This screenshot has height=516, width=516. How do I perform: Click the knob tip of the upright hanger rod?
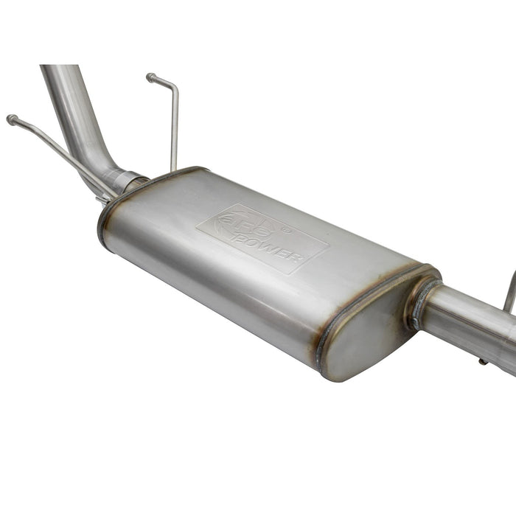[x=150, y=77]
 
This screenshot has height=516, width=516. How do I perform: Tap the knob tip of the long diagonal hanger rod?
[x=11, y=119]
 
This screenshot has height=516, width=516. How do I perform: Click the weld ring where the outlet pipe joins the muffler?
[x=418, y=303]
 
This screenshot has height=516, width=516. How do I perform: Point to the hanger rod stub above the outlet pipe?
[x=509, y=291]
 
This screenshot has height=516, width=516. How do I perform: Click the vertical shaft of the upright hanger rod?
[x=174, y=133]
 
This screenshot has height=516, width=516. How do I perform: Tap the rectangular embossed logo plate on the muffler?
[x=262, y=238]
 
